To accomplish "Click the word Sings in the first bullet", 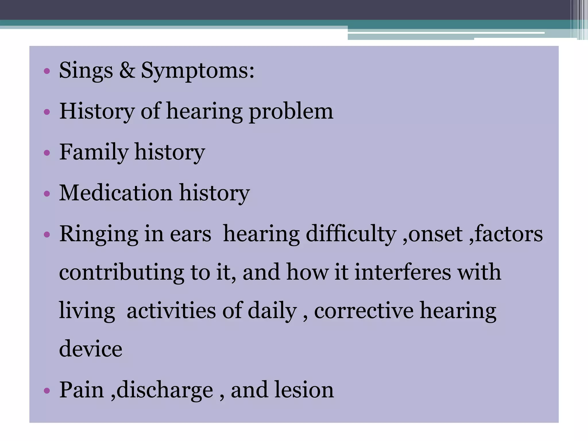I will point(86,71).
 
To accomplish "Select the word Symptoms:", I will point(198,71).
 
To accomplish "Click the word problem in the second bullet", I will point(291,112).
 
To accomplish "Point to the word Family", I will point(94,152).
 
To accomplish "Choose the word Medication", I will point(116,193).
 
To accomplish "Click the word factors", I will point(508,234).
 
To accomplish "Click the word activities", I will point(171,311).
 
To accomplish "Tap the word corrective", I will point(363,311).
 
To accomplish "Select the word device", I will point(90,349).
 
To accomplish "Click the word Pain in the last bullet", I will point(81,390).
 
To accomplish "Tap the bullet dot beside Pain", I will point(47,391).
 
